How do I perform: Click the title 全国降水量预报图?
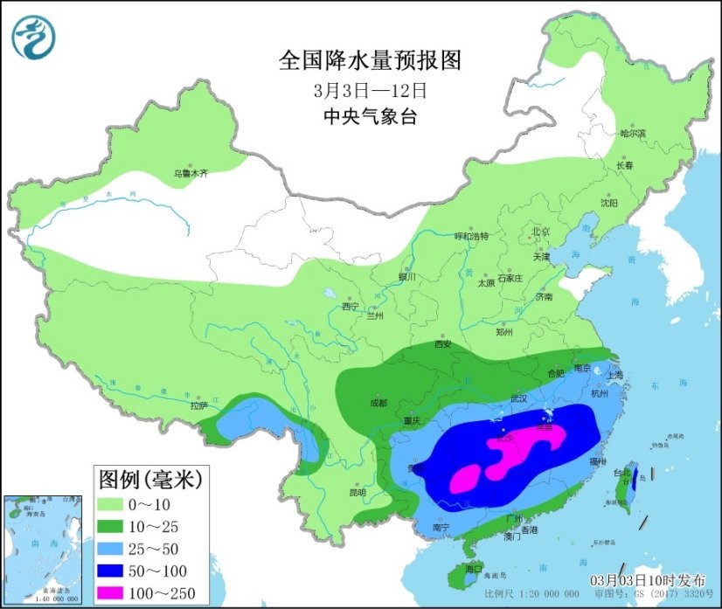tap(369, 60)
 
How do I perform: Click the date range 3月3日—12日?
tap(369, 89)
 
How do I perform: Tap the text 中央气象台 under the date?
tap(369, 116)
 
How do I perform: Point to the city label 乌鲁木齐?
tap(191, 174)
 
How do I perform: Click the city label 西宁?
tap(351, 307)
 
